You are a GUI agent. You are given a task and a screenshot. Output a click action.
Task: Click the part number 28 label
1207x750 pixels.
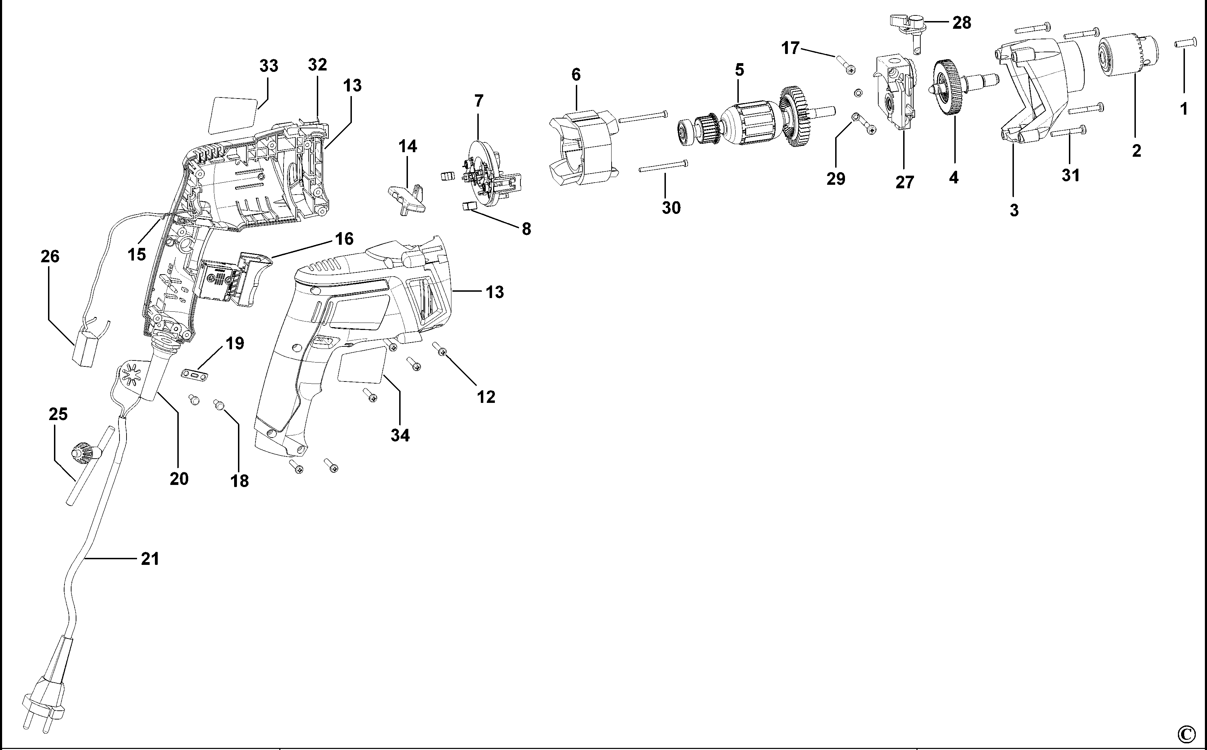point(962,23)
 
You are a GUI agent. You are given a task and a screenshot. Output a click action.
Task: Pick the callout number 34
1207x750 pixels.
point(400,435)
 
